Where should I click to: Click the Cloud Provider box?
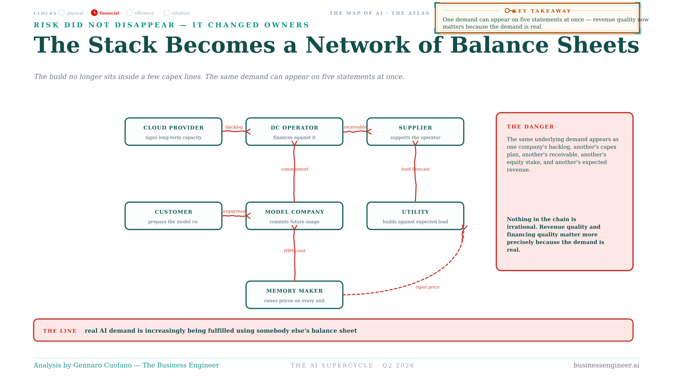point(173,132)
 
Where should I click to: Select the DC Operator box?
point(294,132)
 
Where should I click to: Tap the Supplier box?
point(415,132)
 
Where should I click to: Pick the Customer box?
point(173,216)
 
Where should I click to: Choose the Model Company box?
point(294,216)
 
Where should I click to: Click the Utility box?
point(415,216)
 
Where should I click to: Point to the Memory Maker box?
point(294,295)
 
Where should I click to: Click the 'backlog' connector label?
point(234,127)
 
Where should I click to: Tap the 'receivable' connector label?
point(355,127)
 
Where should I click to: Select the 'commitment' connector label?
point(294,169)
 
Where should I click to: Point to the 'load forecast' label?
point(416,169)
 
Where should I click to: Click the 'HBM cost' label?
point(294,250)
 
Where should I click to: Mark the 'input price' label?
point(428,287)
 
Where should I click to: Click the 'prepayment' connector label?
point(234,211)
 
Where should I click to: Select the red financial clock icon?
point(94,12)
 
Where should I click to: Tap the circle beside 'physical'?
point(61,12)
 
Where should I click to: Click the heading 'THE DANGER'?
point(530,127)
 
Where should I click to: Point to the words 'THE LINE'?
point(60,331)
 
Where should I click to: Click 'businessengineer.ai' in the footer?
point(606,365)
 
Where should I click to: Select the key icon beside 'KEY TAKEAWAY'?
point(509,11)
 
